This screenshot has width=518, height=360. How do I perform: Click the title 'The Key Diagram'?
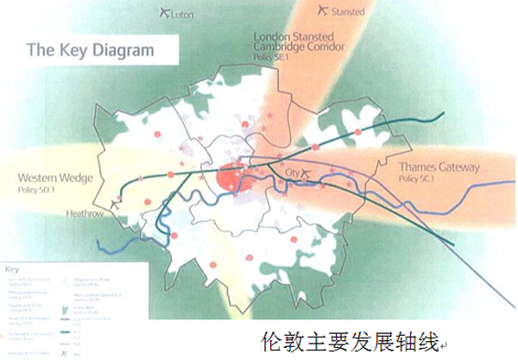click(x=92, y=50)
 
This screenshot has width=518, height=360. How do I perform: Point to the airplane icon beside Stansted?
click(x=323, y=10)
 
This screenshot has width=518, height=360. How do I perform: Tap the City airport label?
click(x=292, y=174)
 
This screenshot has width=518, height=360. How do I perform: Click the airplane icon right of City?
click(x=308, y=175)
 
